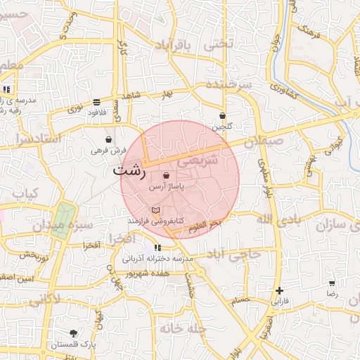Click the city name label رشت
(129, 171)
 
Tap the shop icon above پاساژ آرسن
(166, 175)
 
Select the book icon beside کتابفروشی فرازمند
(155, 210)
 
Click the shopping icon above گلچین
(222, 116)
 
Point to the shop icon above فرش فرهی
(108, 139)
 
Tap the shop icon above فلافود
(96, 103)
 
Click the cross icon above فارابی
(280, 290)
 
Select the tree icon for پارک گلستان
(74, 333)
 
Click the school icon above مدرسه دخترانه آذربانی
(157, 247)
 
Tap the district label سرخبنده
(229, 84)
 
